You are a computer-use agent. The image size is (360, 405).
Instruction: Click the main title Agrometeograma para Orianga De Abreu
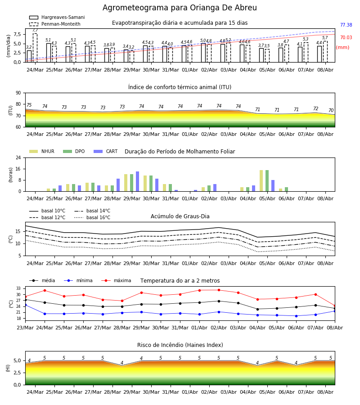(180, 8)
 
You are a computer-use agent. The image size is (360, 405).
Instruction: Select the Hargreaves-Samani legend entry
(57, 17)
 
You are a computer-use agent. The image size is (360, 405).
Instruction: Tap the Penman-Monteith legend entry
(55, 24)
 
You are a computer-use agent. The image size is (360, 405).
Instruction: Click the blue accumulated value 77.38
(346, 25)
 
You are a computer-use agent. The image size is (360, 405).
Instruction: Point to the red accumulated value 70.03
(346, 37)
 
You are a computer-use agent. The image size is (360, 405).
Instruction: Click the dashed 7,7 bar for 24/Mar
(35, 48)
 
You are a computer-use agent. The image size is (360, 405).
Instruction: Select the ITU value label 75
(29, 105)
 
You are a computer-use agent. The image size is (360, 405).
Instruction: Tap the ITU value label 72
(315, 108)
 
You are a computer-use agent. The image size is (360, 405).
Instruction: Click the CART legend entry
(106, 151)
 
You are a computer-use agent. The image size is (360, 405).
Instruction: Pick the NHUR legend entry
(42, 151)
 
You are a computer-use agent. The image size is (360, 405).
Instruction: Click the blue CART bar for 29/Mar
(137, 181)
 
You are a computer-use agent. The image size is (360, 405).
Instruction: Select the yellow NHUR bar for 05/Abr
(261, 181)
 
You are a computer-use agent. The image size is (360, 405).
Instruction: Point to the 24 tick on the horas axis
(18, 157)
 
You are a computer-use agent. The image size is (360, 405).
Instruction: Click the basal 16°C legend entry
(92, 217)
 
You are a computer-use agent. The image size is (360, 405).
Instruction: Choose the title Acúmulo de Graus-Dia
(180, 216)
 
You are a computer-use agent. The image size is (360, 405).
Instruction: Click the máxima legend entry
(116, 280)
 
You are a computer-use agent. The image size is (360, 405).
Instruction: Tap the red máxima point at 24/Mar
(45, 290)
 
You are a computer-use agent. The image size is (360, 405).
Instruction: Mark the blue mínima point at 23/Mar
(25, 305)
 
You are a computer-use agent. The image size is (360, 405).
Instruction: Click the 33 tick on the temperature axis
(18, 288)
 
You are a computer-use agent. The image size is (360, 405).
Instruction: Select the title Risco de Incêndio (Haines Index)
(180, 345)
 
